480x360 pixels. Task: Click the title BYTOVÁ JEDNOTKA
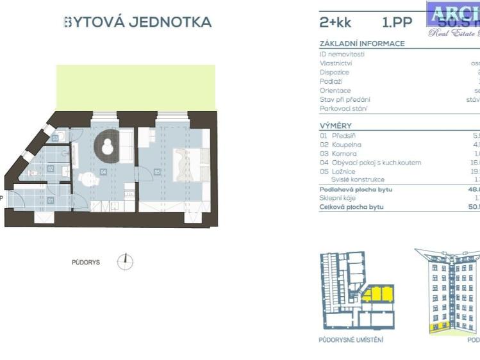coord(138,22)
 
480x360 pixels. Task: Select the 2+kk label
coord(335,22)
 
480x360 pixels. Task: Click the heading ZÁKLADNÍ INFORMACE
coord(362,44)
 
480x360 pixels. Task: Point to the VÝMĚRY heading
coord(335,126)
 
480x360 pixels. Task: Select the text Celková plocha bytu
coord(351,207)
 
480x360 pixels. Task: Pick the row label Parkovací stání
coord(344,108)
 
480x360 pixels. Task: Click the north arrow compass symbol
coord(126,261)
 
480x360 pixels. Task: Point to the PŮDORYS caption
coord(85,262)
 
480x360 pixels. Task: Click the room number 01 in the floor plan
coord(51,200)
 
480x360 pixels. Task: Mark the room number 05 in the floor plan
coord(157,172)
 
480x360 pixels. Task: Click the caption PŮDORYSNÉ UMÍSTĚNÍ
coord(351,340)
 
